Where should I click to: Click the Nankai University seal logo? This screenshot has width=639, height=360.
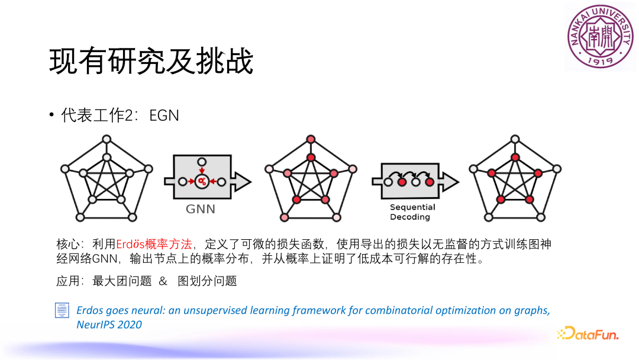(599, 36)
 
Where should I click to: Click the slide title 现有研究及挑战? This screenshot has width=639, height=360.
(151, 61)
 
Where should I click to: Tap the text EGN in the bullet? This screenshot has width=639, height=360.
(164, 115)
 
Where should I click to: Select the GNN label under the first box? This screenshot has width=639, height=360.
(201, 209)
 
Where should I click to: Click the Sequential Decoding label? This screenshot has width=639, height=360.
(412, 212)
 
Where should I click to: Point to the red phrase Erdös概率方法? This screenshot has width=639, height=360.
(154, 244)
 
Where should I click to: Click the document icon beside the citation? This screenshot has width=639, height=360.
(62, 311)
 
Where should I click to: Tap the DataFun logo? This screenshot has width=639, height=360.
(588, 334)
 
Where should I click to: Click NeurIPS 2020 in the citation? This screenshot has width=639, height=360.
(109, 324)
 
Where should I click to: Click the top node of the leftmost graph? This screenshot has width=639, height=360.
(106, 139)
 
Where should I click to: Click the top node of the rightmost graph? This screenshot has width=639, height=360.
(515, 139)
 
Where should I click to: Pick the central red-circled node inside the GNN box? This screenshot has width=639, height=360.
(202, 181)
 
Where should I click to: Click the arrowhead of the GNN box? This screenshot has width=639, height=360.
(243, 181)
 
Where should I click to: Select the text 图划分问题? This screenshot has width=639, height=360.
(207, 281)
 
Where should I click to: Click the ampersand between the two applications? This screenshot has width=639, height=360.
(163, 281)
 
